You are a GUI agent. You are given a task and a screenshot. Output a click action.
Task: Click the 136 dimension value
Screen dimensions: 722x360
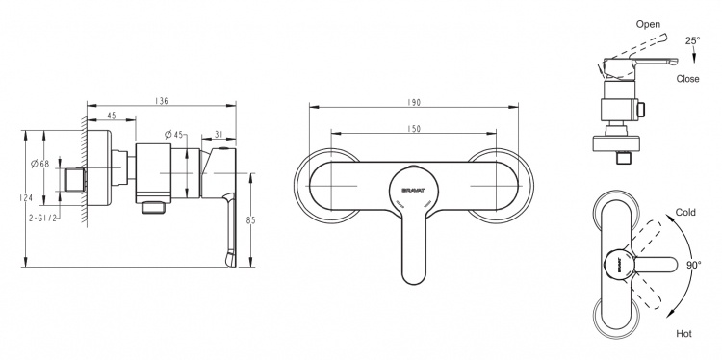coord(161,101)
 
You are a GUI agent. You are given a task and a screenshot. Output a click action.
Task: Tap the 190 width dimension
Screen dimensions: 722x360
coord(414,103)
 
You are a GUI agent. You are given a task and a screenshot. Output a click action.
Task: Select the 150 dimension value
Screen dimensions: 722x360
coord(414,129)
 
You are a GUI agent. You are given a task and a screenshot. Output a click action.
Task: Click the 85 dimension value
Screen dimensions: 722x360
coord(251,220)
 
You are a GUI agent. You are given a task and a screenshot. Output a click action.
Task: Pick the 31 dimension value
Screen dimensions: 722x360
coord(219,135)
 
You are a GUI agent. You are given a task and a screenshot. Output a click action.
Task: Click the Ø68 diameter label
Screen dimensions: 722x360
coord(39,164)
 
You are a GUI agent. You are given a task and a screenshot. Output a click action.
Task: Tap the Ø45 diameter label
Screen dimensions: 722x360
coord(174,135)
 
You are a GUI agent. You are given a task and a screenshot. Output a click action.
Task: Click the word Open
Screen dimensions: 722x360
coord(648,24)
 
